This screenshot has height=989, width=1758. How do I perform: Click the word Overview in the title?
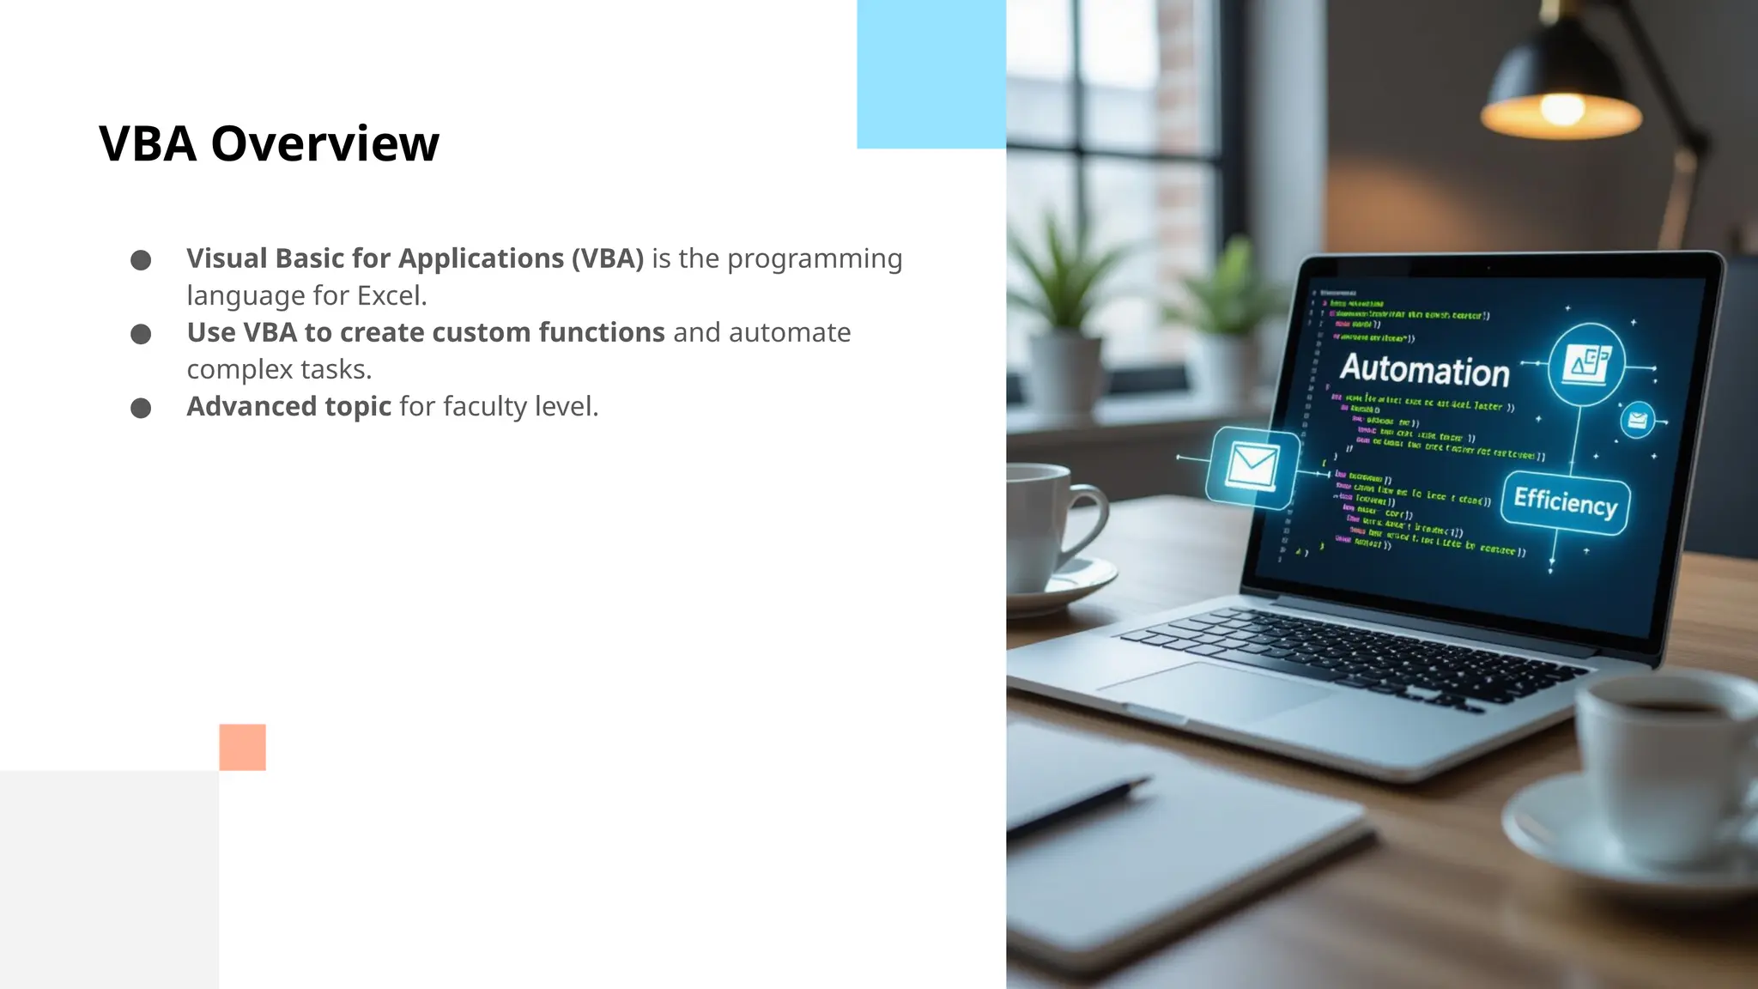point(324,143)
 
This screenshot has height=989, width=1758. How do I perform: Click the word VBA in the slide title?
point(148,143)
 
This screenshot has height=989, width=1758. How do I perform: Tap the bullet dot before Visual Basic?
point(141,260)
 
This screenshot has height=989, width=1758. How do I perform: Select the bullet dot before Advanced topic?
point(141,408)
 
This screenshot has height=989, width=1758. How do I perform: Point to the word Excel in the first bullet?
point(391,295)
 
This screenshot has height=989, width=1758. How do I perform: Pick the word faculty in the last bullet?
point(484,406)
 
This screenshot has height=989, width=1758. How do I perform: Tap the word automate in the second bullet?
point(789,332)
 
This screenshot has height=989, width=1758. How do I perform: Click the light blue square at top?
point(931,74)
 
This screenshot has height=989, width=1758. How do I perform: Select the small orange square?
point(242,747)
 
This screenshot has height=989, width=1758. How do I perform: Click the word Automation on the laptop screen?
point(1424,369)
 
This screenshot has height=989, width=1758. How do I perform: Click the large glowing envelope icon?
point(1252,467)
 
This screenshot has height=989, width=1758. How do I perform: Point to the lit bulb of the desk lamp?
point(1561,109)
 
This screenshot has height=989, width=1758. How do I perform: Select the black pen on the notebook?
point(1082,807)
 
